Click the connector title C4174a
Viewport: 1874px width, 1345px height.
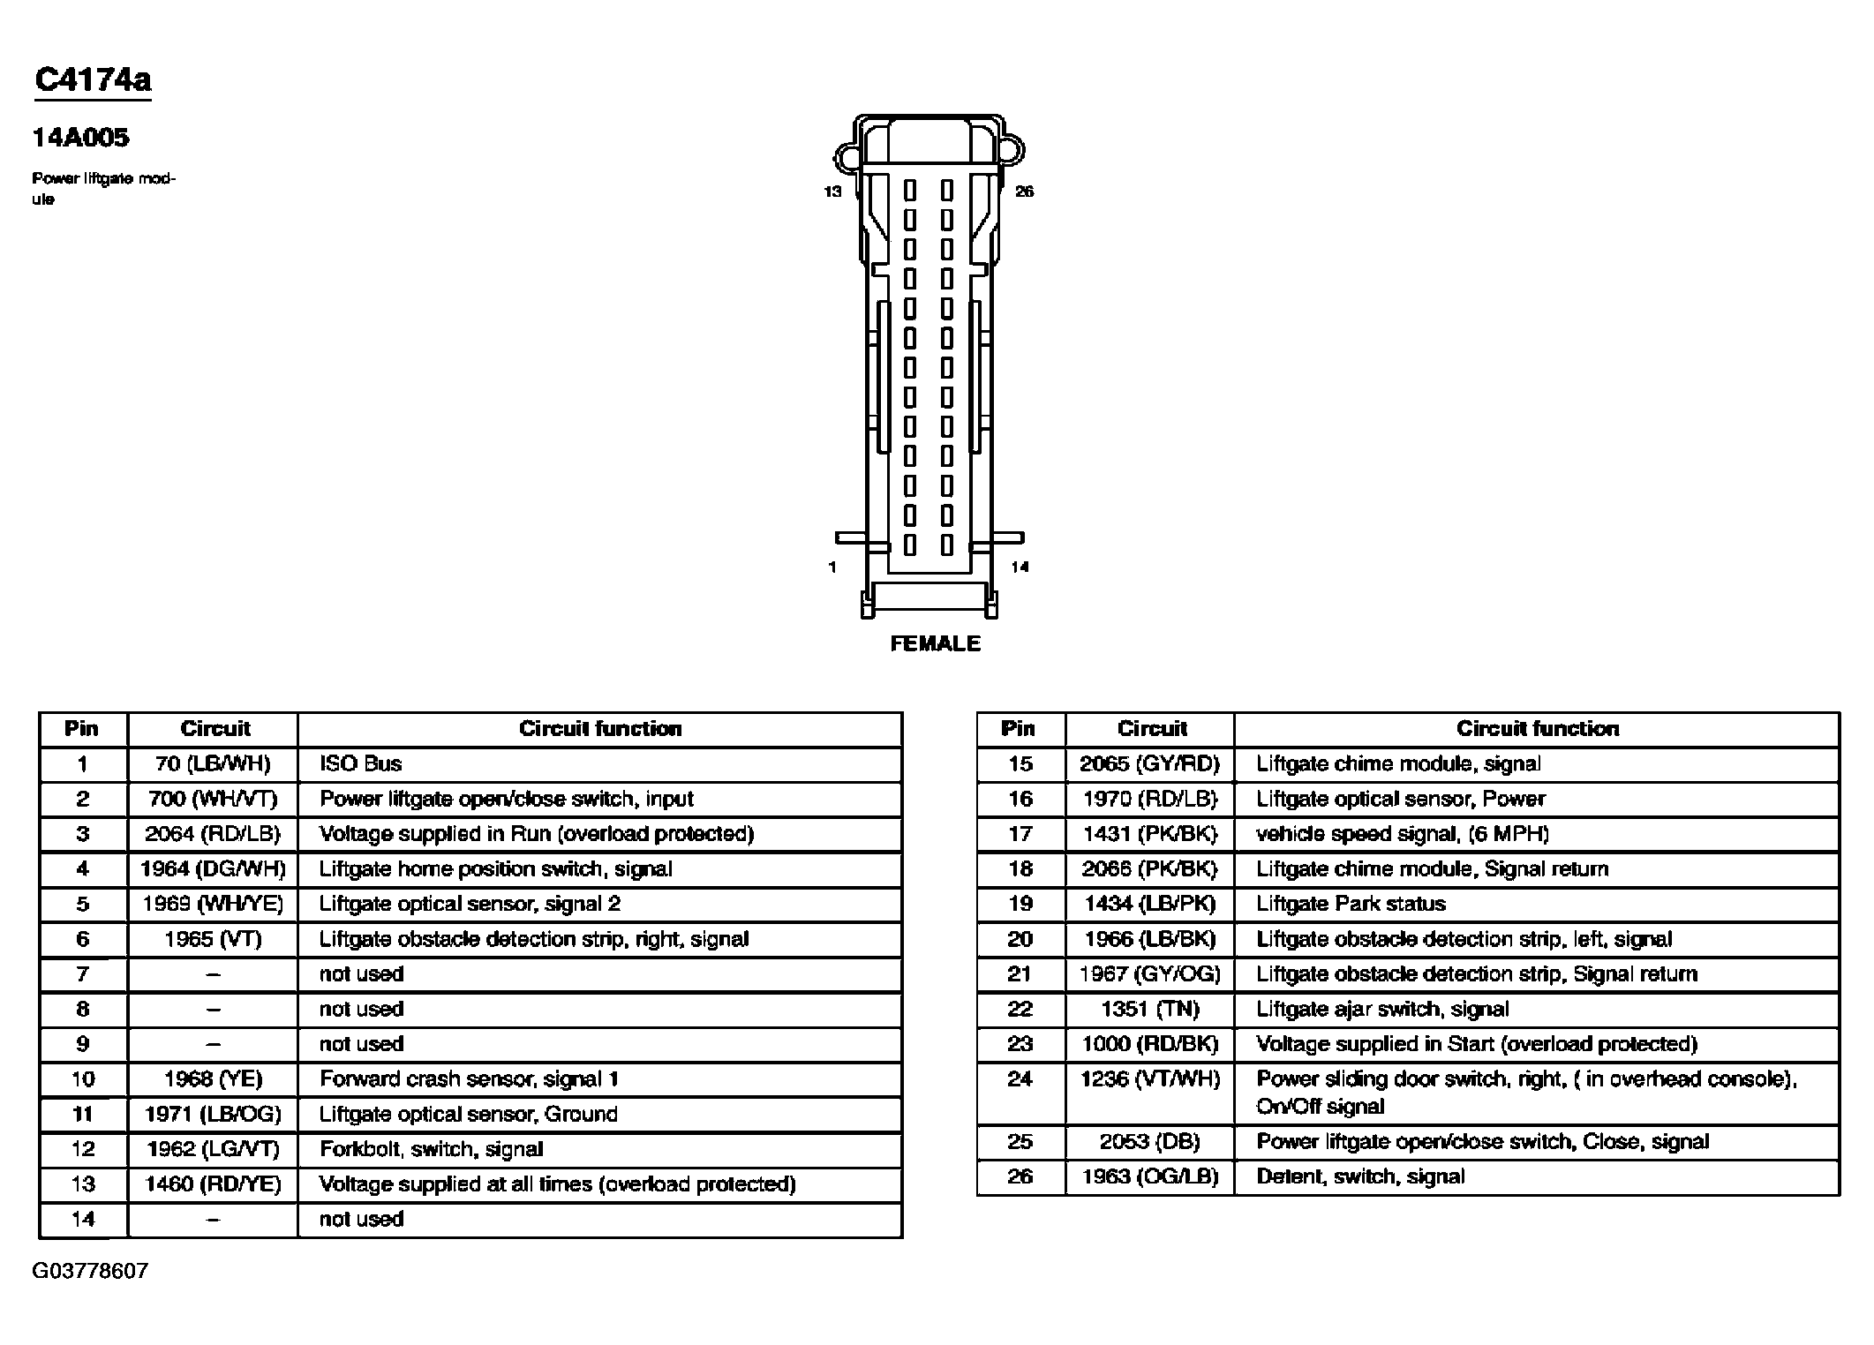93,80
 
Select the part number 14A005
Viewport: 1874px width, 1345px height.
80,138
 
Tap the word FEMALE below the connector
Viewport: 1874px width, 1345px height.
935,643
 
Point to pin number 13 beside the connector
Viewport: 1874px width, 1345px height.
832,192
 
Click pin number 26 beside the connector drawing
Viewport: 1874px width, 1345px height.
1024,192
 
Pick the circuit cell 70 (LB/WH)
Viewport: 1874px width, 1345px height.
213,764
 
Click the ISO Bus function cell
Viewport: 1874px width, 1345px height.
360,764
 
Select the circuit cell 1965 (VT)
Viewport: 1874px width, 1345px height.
213,939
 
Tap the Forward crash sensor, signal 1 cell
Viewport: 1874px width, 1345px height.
469,1079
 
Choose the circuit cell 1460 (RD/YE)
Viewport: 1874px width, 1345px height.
213,1184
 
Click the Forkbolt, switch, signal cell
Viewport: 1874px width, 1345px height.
431,1149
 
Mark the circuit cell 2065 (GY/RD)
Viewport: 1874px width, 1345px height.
1149,764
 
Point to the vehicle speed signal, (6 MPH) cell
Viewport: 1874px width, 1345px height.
1403,834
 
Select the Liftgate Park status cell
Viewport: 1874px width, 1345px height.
1351,904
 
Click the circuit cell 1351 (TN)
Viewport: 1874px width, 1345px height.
1149,1009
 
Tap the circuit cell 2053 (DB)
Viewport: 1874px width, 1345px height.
1149,1142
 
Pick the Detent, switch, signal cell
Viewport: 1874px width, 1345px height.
1360,1176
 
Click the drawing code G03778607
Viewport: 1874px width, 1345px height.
90,1271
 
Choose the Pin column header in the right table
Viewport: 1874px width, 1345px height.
1018,729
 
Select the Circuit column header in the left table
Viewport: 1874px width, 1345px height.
214,729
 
